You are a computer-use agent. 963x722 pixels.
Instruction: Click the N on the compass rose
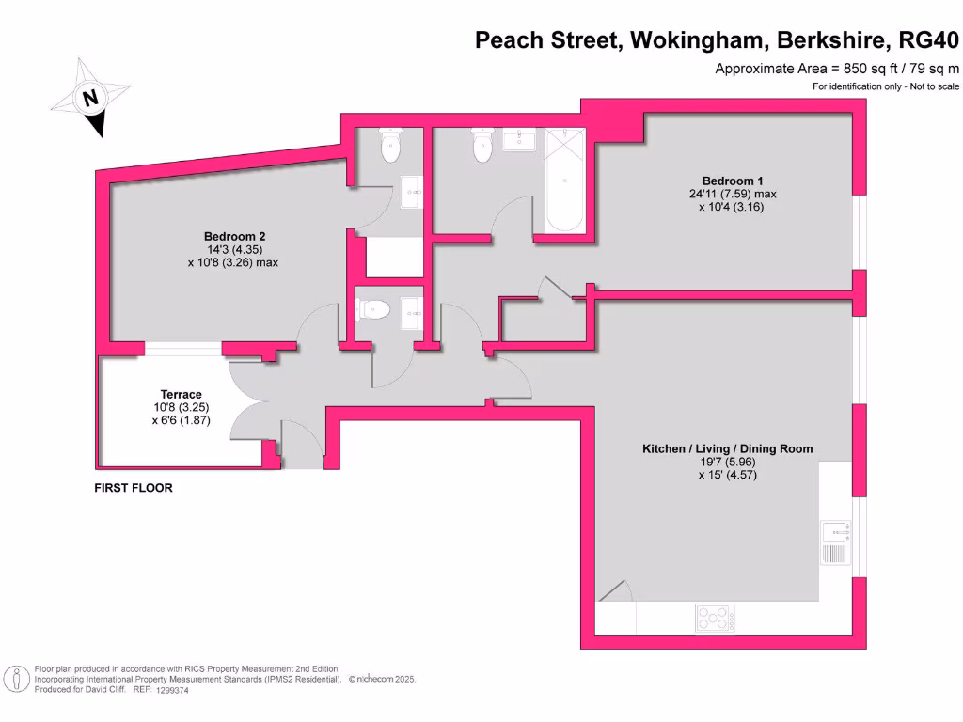pos(90,97)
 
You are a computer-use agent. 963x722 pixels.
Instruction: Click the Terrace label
pos(182,394)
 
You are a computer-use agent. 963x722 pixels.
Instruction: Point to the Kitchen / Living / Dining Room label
pos(727,449)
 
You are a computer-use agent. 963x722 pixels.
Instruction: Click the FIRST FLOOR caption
pos(134,488)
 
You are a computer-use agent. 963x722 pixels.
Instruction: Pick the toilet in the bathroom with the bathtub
pos(482,146)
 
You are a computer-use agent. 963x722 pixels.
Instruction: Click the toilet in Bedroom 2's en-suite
pos(389,146)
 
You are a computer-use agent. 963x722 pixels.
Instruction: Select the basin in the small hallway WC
pos(411,308)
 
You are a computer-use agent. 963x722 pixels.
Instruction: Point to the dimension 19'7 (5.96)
pos(727,463)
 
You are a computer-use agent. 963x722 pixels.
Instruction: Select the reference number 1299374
pos(175,690)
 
